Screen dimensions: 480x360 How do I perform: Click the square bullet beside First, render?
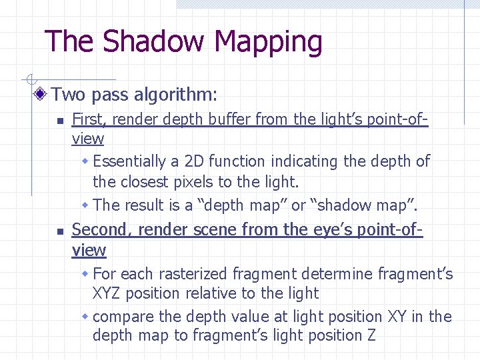[x=59, y=121]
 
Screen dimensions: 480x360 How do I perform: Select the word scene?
[x=214, y=231]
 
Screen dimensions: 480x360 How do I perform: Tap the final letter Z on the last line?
[x=371, y=335]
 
